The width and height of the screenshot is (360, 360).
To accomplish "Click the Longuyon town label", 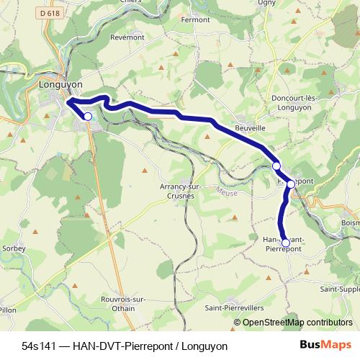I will click(x=60, y=84).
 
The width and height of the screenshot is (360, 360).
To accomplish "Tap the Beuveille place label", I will click(x=249, y=128).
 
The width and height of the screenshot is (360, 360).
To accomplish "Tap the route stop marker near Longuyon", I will click(x=88, y=116).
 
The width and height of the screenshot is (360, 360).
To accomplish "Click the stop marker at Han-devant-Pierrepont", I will click(x=286, y=243).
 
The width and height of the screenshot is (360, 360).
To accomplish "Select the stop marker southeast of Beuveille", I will click(x=276, y=166).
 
